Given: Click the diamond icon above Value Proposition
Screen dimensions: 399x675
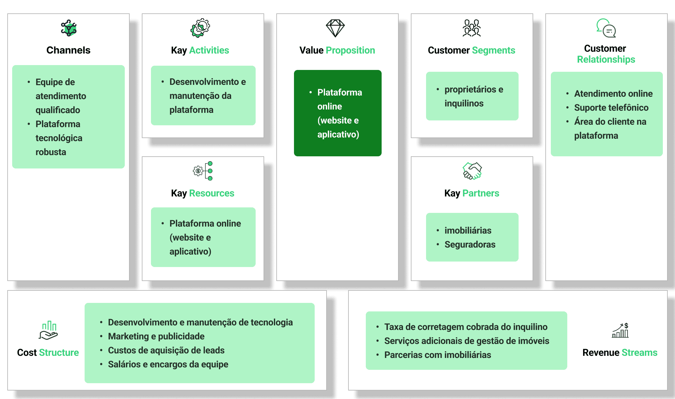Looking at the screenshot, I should [x=335, y=28].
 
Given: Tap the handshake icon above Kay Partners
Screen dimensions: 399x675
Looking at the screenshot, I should [x=472, y=171].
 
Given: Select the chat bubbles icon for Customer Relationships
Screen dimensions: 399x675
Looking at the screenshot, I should [x=606, y=28].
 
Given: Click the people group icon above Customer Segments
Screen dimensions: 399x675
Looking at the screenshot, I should [x=472, y=28].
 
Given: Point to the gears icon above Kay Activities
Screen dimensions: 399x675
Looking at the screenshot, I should [x=200, y=28].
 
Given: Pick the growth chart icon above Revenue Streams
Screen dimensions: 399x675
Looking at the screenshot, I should [x=620, y=331].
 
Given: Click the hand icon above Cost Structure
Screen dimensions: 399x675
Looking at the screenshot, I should [x=48, y=330].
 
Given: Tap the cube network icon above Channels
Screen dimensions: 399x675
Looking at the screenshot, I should [x=69, y=28].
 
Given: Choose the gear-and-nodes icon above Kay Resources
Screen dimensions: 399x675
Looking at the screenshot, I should [x=203, y=171].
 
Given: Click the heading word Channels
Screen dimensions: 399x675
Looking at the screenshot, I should [x=68, y=50].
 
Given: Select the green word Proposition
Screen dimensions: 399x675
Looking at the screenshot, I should [x=350, y=50].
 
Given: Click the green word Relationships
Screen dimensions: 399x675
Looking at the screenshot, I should [x=606, y=59].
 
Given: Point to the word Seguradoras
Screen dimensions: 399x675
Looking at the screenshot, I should [x=470, y=245].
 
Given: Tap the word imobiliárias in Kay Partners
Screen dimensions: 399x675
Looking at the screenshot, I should [x=468, y=231].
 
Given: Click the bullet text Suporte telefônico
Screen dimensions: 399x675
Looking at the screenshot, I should [x=611, y=108].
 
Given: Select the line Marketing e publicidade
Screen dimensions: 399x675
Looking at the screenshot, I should [x=156, y=336].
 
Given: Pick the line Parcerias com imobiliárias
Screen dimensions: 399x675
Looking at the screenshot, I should [x=438, y=355].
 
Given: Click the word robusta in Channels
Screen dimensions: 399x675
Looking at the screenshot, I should [x=51, y=152].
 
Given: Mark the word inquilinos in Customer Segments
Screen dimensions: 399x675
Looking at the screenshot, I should [x=464, y=103].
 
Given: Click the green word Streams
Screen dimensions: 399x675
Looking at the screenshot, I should [x=639, y=352].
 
